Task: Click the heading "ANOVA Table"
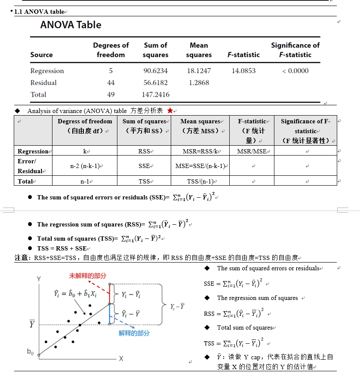[71, 25]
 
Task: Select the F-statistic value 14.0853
[243, 71]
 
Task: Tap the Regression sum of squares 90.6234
[155, 71]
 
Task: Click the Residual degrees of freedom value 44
[111, 83]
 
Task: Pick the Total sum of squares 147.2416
[155, 95]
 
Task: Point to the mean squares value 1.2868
[199, 83]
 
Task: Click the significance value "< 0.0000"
[295, 71]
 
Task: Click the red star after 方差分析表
[170, 111]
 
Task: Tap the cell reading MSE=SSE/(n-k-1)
[200, 166]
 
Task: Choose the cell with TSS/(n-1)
[200, 181]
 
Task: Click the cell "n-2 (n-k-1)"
[85, 166]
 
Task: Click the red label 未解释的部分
[88, 276]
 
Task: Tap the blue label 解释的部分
[134, 333]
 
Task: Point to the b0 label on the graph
[31, 352]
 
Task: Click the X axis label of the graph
[121, 358]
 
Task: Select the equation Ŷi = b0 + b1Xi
[75, 294]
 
